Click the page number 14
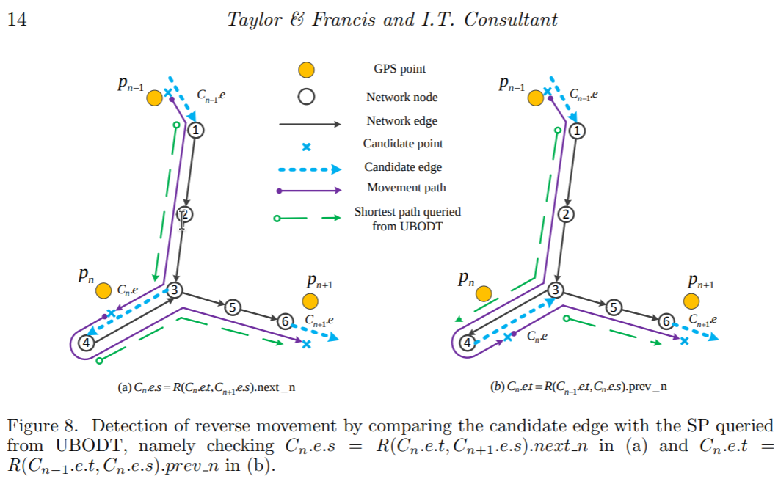tap(17, 20)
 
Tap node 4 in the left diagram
tap(87, 343)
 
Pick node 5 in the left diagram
tap(233, 307)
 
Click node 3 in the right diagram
tap(556, 290)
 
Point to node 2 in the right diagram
tap(566, 214)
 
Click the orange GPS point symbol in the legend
tap(306, 70)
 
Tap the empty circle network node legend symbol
tap(306, 96)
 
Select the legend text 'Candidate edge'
tap(403, 167)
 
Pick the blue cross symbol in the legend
tap(307, 146)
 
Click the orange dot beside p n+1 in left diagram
tap(310, 301)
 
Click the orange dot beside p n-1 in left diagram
tap(154, 98)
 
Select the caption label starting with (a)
tap(207, 387)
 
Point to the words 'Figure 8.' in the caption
tap(43, 426)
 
